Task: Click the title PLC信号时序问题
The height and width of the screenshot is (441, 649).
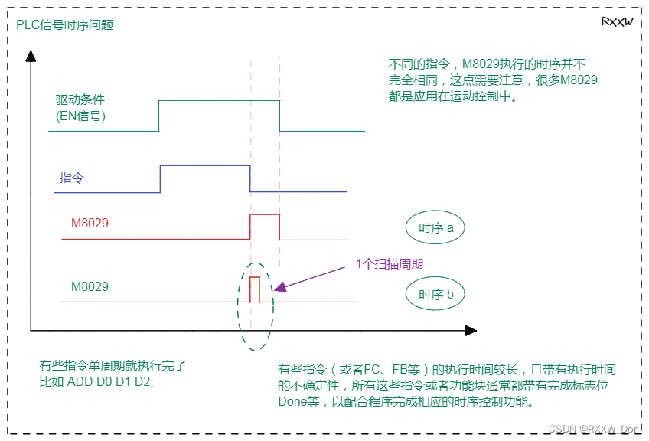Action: (x=64, y=24)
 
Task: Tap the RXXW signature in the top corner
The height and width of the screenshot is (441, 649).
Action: (x=617, y=21)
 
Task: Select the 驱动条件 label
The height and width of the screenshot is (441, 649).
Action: (x=80, y=100)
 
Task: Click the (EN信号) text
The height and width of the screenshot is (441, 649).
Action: (x=80, y=116)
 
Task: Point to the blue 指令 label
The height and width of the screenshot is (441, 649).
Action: (x=72, y=178)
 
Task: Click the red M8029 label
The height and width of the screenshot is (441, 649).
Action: (x=90, y=224)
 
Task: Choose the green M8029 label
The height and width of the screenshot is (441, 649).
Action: (x=90, y=286)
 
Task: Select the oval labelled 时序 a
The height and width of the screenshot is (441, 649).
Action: (x=435, y=227)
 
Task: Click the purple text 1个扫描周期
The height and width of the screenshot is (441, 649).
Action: (x=390, y=264)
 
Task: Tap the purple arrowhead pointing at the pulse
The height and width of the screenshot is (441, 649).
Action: (x=280, y=287)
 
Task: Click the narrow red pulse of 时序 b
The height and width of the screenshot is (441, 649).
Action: (x=255, y=289)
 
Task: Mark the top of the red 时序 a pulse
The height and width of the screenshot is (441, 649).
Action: (x=265, y=214)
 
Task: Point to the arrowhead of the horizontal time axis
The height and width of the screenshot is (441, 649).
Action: (x=471, y=331)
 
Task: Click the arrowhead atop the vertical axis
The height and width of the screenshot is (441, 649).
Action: (x=31, y=56)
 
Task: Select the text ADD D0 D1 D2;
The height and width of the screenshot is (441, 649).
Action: (x=110, y=381)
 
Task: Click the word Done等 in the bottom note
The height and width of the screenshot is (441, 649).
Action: (x=298, y=402)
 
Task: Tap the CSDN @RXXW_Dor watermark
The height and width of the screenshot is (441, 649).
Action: (x=593, y=429)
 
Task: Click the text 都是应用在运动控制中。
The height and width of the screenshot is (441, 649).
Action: (x=453, y=96)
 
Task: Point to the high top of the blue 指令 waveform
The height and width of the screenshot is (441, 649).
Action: (x=205, y=165)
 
